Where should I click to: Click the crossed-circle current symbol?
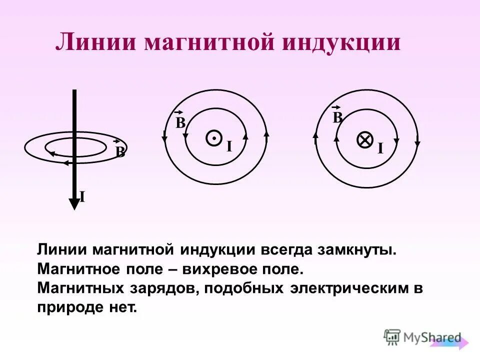pos(365,140)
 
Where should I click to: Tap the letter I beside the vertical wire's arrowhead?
pos(82,197)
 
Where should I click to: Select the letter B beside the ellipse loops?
pos(120,152)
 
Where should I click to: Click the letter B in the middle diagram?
pos(180,123)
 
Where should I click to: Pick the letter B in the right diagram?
pos(337,118)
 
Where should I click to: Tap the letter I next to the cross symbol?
pos(380,148)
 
